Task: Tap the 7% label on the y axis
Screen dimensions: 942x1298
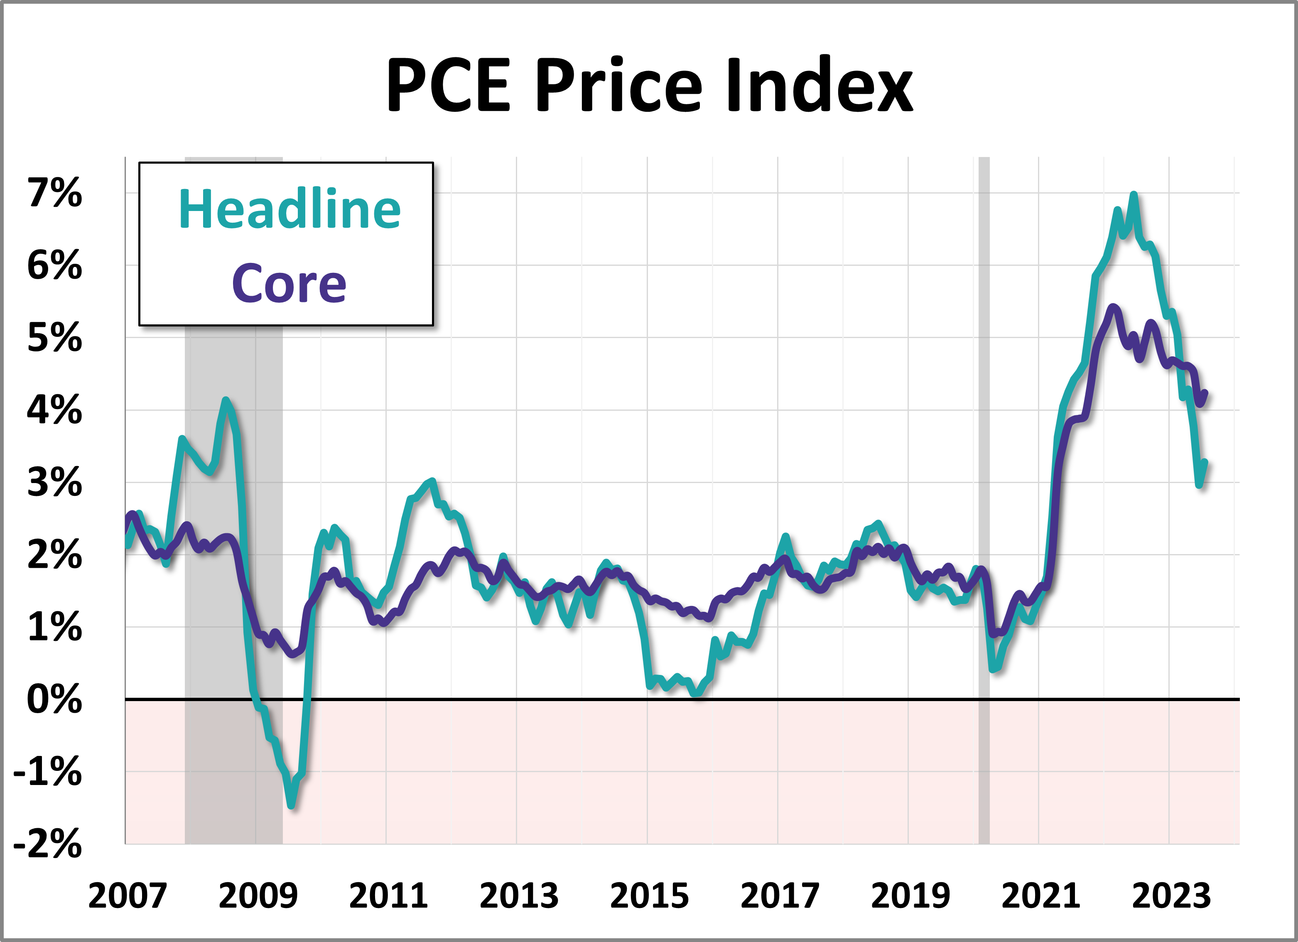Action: coord(55,193)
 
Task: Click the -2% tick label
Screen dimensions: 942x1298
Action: coord(48,844)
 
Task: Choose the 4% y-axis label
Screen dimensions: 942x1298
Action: coord(55,410)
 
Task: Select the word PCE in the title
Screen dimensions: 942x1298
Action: coord(448,86)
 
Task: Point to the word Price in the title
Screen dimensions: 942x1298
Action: coord(618,86)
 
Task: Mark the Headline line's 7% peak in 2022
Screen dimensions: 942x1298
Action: coord(1133,195)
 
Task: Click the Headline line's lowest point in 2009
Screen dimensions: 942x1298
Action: coord(291,806)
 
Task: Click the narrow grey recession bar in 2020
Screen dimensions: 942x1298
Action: coord(984,498)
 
